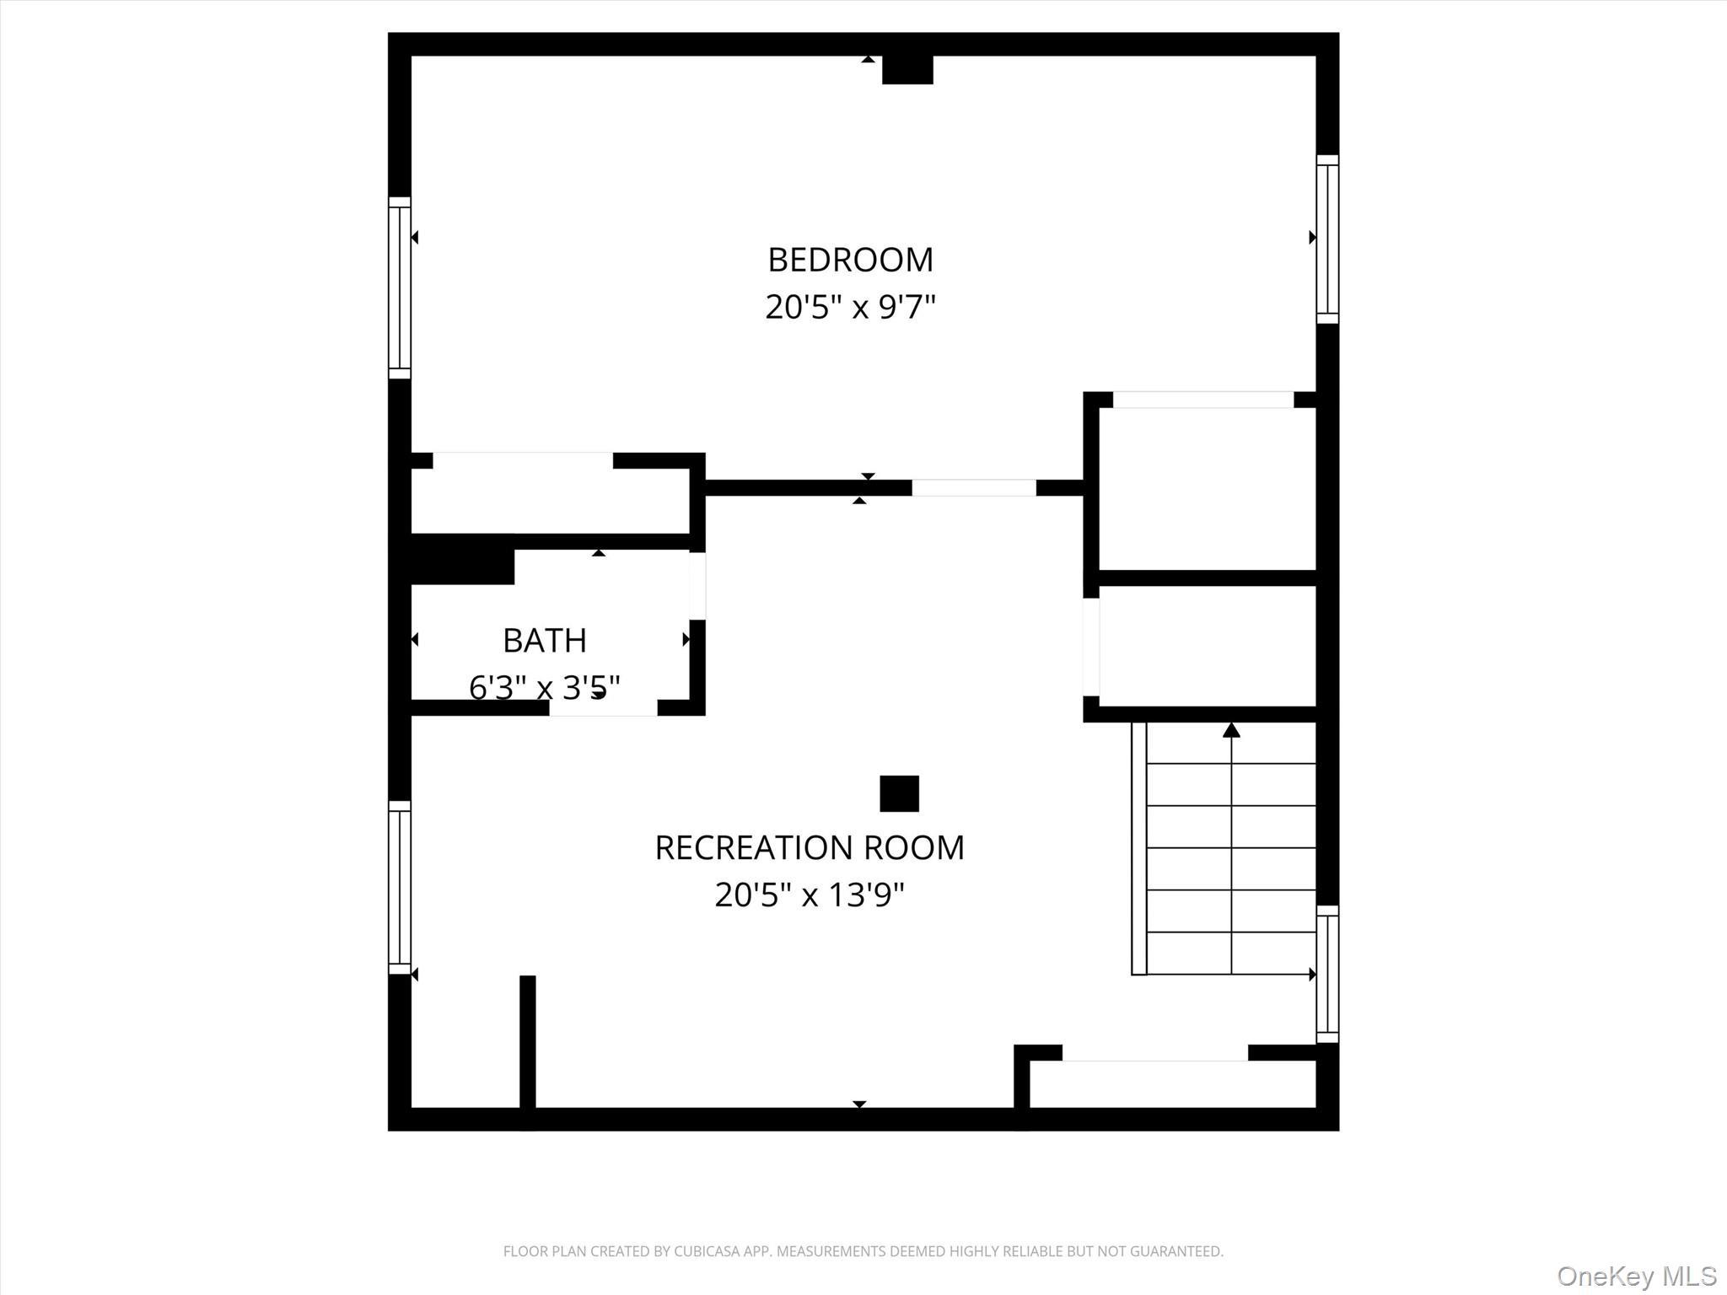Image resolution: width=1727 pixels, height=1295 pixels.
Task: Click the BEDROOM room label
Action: [x=850, y=260]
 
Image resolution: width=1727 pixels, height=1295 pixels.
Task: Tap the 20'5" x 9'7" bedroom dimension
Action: [x=850, y=307]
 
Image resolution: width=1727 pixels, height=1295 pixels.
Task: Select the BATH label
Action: [x=545, y=641]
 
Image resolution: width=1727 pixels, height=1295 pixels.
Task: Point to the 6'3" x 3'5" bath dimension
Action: [x=545, y=688]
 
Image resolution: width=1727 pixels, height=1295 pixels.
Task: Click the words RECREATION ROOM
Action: [x=810, y=848]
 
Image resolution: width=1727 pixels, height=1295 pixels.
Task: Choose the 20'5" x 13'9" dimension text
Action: [x=810, y=895]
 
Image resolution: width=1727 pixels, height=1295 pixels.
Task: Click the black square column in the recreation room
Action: [x=899, y=793]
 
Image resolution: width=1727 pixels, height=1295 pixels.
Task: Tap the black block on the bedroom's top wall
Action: [x=907, y=70]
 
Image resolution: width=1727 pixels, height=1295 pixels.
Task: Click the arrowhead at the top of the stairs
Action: [x=1231, y=730]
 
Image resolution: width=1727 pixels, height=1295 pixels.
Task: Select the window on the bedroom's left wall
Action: [x=400, y=287]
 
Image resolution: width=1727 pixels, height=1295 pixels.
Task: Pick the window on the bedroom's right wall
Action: [x=1327, y=239]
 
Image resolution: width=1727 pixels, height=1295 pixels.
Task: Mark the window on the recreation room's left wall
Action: [x=400, y=887]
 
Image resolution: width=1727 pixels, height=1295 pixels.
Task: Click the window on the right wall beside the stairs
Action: [x=1327, y=974]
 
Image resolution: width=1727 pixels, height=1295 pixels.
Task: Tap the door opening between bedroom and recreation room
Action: [x=974, y=487]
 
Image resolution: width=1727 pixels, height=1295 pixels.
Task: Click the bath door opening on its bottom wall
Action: [x=603, y=708]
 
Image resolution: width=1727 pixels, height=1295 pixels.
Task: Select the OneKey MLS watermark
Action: [x=1637, y=1276]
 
